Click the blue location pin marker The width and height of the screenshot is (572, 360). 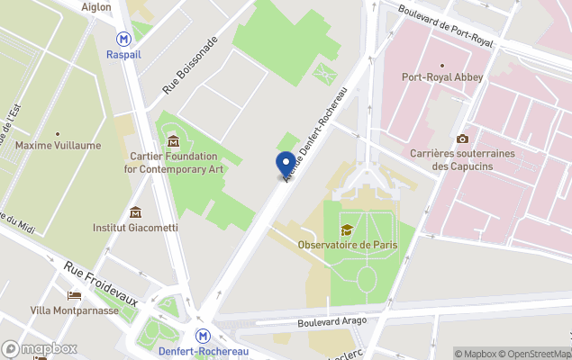click(x=285, y=164)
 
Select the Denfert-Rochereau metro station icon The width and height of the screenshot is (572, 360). click(x=204, y=335)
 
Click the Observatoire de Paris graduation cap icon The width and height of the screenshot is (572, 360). click(x=347, y=230)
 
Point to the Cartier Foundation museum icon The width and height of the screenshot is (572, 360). click(x=173, y=140)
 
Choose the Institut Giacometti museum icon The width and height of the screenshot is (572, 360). click(x=135, y=212)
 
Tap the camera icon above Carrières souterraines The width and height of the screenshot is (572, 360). click(x=462, y=139)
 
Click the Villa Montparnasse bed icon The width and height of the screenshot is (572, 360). click(x=74, y=295)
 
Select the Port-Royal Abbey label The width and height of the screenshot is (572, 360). click(x=442, y=77)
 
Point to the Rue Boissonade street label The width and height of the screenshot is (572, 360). click(x=190, y=66)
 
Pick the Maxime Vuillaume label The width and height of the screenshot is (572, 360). click(x=58, y=145)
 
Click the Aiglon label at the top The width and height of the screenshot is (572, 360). click(x=122, y=7)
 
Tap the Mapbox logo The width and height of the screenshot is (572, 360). click(x=40, y=348)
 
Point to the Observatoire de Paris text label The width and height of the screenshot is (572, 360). click(x=347, y=246)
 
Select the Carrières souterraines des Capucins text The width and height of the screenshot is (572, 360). click(x=462, y=159)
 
